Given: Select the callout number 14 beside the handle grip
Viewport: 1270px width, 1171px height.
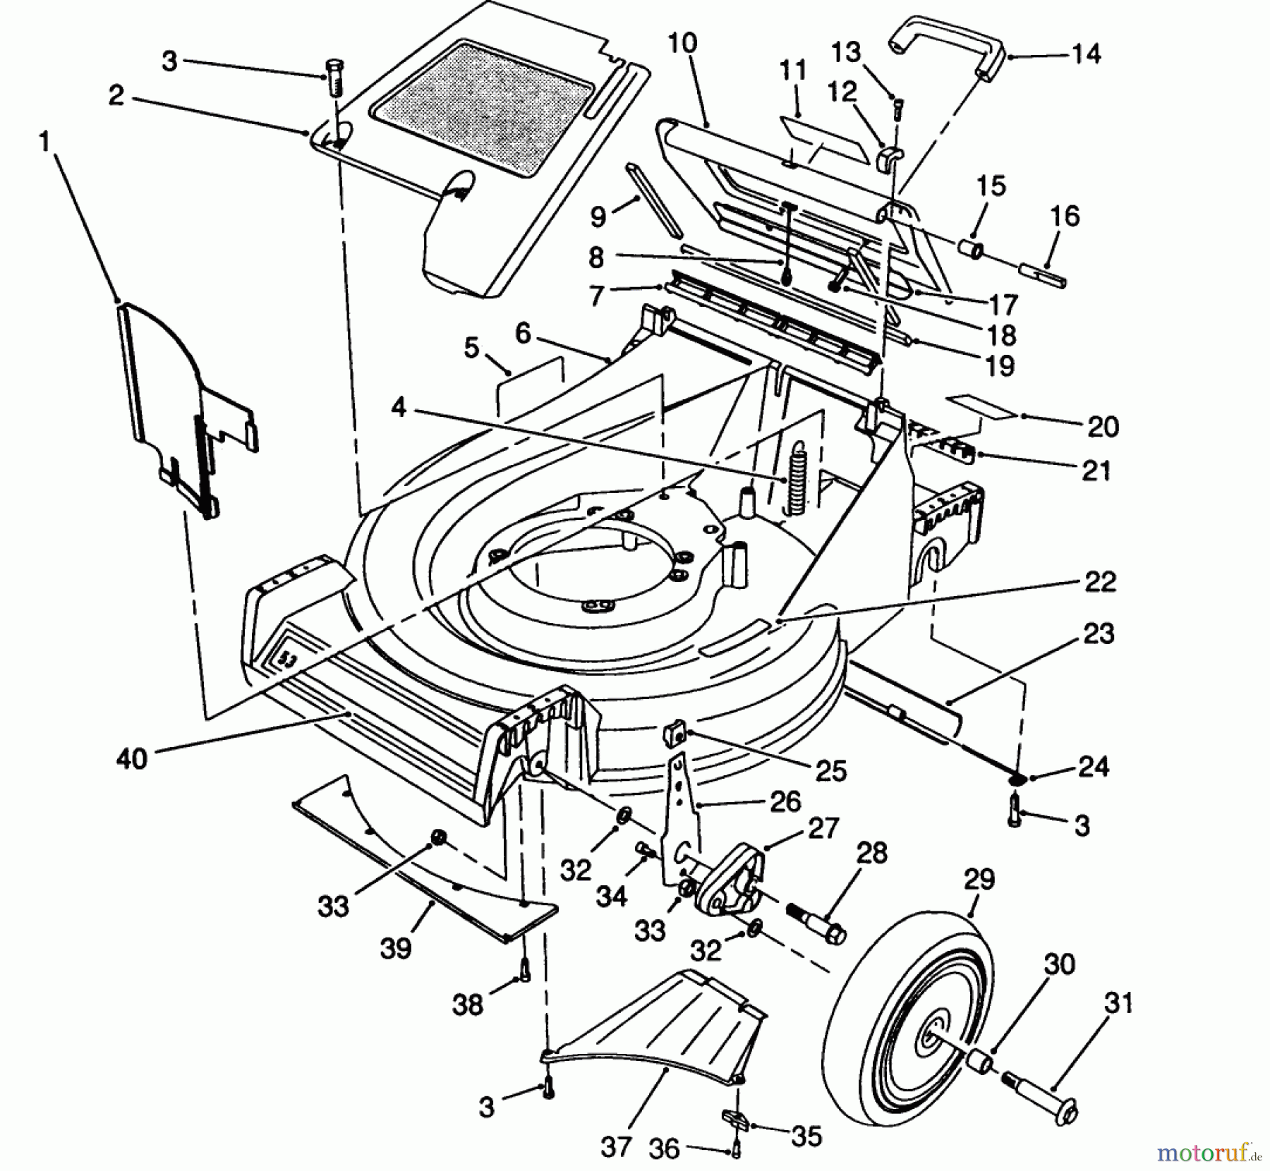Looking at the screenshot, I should [1086, 54].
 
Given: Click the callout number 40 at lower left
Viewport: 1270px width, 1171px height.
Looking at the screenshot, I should [132, 759].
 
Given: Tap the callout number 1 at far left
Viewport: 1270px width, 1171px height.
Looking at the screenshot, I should [44, 143].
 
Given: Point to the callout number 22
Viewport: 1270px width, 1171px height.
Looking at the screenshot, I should [1101, 582].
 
